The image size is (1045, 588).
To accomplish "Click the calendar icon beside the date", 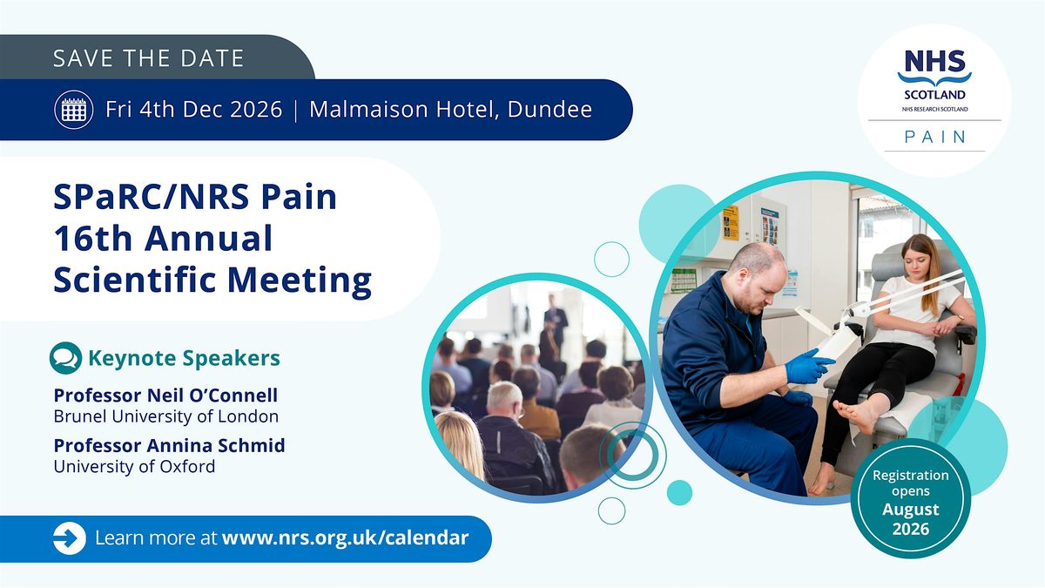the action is (74, 110).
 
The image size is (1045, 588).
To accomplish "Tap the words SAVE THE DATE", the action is (148, 58).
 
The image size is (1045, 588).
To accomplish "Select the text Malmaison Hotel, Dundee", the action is (451, 109).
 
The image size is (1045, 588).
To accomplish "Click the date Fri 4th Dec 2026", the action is (193, 109).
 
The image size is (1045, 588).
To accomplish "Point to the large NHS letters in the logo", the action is (935, 61).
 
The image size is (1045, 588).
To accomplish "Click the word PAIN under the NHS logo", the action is (935, 137).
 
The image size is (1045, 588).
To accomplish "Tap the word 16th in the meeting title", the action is (93, 238).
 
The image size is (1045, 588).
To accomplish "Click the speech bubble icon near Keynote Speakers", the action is (65, 358).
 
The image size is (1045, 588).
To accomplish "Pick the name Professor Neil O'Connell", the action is (165, 395).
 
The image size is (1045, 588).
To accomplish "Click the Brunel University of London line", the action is (166, 416).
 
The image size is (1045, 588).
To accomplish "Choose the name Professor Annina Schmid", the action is (169, 445).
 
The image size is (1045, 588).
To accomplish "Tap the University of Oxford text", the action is (134, 466).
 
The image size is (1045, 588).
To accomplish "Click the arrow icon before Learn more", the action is (70, 538).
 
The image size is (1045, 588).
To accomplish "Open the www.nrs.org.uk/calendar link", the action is (345, 537).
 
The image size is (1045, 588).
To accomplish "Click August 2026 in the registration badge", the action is (911, 519).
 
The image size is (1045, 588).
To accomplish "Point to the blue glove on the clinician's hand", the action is (808, 367).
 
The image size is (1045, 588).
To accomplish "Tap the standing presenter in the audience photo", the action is (556, 322).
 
